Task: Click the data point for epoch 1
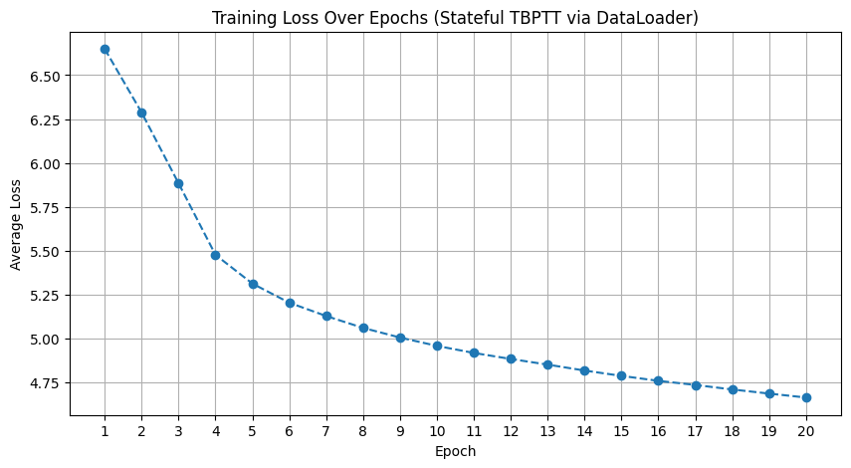pos(105,50)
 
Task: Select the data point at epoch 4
pos(215,255)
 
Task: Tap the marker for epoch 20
pos(806,397)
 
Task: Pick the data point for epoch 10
pos(437,346)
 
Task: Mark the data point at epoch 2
pos(141,113)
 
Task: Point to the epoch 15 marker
pos(621,375)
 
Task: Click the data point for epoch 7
pos(326,316)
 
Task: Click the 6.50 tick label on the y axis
pos(45,76)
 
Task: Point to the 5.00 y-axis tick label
pos(45,340)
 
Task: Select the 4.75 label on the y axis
pos(45,383)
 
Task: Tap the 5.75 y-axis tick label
pos(45,208)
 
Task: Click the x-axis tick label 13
pos(547,431)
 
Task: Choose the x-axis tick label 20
pos(806,431)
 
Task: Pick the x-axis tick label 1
pos(105,431)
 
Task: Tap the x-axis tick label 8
pos(363,431)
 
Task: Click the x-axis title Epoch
pos(455,451)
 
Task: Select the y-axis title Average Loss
pos(15,225)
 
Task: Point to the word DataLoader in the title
pos(644,18)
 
